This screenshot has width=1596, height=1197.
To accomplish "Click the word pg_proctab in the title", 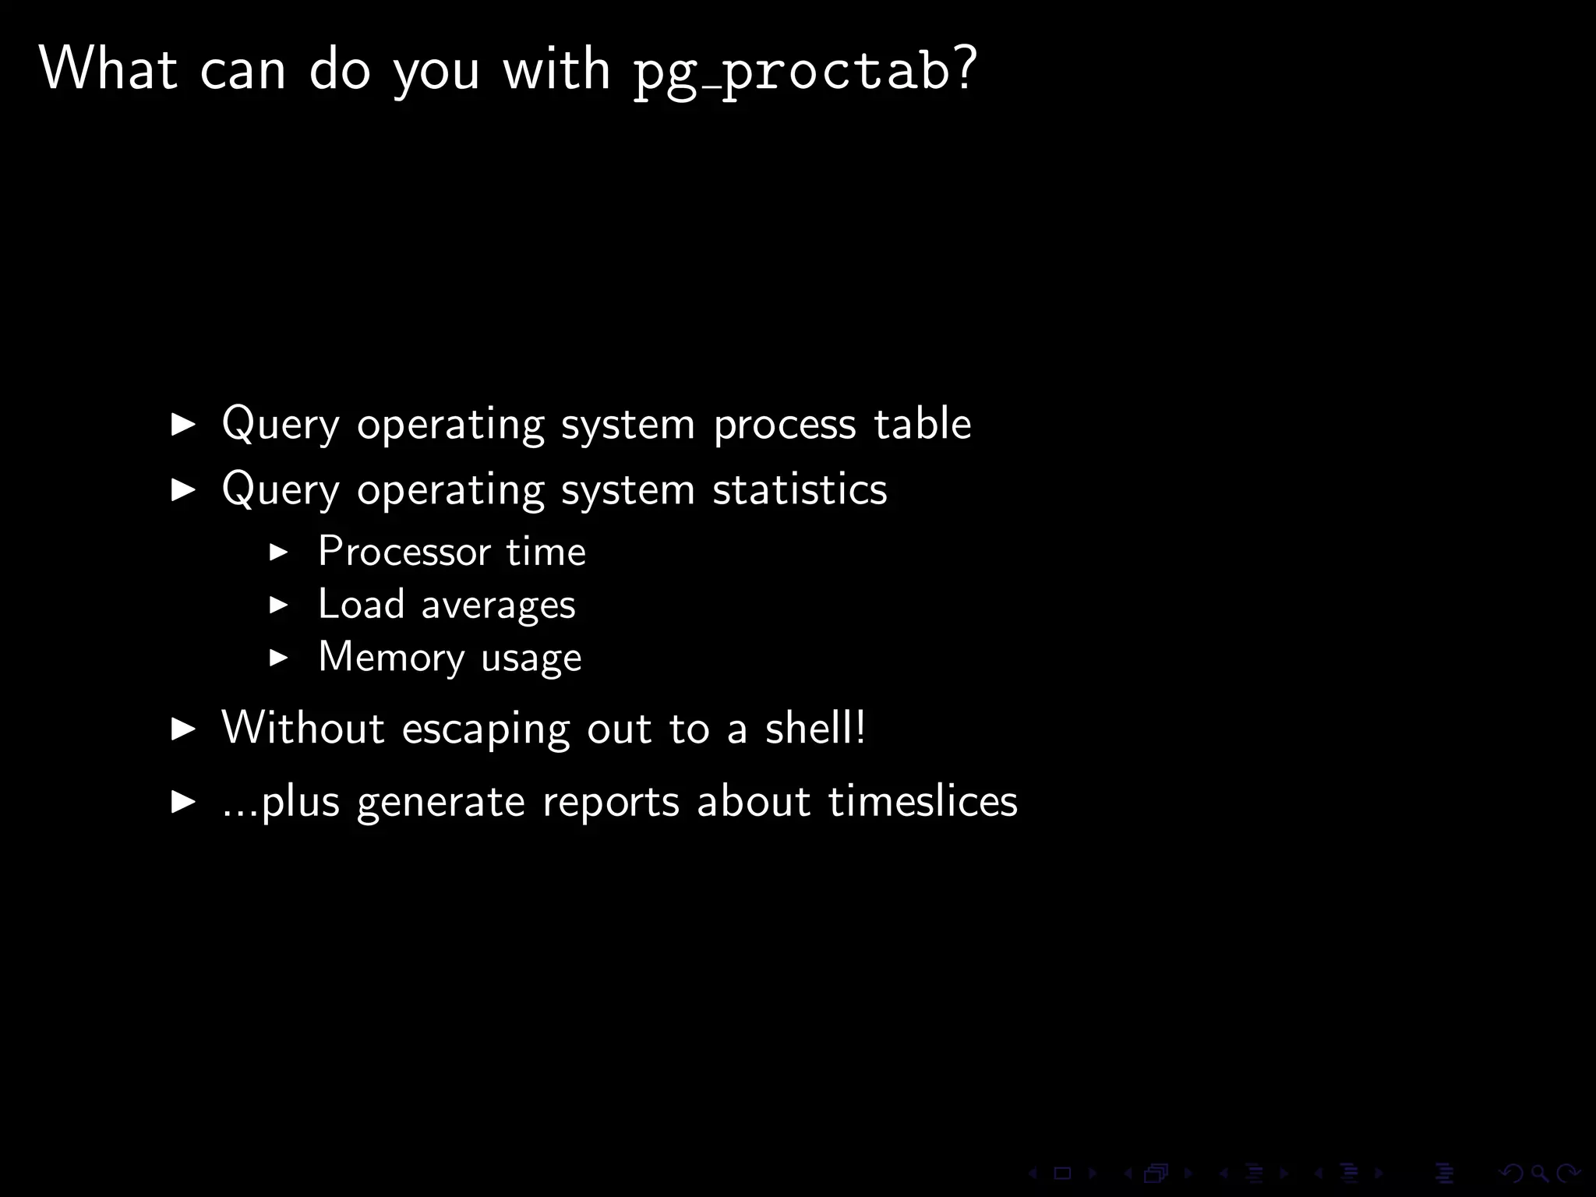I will (789, 72).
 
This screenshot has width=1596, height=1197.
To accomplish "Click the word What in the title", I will (108, 69).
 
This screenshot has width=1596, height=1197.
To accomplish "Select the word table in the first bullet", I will (922, 425).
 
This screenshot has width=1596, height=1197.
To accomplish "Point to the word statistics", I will (800, 490).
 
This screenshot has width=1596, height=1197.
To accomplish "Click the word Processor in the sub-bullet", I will (404, 552).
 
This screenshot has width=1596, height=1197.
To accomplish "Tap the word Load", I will (361, 604).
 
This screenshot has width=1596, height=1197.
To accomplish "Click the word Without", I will (303, 728).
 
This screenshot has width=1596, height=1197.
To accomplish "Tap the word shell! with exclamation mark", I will (815, 728).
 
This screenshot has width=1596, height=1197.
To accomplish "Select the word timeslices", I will (923, 801).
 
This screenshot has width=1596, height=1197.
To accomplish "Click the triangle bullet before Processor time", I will (278, 553).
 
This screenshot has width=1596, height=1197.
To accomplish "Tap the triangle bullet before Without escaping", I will (183, 729).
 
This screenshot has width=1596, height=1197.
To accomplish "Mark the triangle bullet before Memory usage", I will (278, 658).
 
